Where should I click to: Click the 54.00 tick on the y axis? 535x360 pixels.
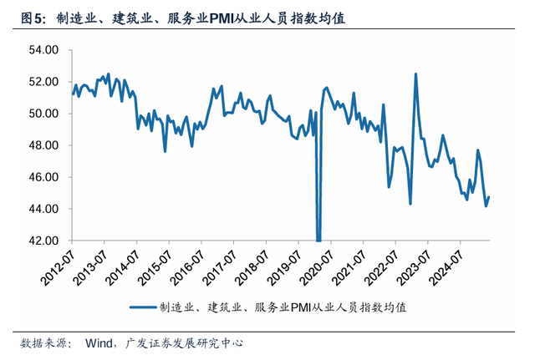[43, 50]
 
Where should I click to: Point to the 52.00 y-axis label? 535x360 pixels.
[43, 82]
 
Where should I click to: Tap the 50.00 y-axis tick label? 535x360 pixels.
[43, 114]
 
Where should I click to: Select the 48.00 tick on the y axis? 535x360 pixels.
[43, 145]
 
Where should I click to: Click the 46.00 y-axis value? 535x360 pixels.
[43, 177]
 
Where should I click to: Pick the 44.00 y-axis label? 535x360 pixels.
[43, 209]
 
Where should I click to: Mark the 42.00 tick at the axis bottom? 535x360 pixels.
[43, 241]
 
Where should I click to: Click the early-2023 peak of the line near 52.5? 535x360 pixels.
[415, 74]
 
